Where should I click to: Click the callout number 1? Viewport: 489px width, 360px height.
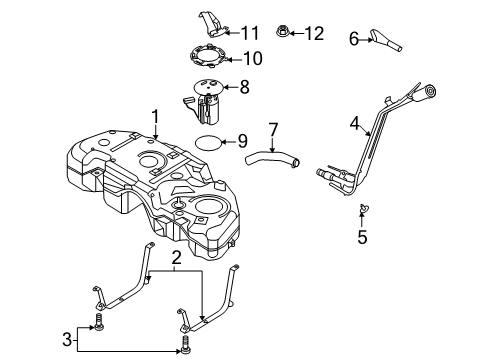pos(155,118)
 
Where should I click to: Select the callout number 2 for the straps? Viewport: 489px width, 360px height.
pos(176,260)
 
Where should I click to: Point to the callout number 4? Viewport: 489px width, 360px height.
pos(354,125)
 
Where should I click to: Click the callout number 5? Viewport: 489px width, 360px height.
pos(363,238)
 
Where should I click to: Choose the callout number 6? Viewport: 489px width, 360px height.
pos(354,39)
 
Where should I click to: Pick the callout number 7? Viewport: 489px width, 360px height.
pos(272,130)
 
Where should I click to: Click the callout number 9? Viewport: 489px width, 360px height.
pos(242,141)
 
